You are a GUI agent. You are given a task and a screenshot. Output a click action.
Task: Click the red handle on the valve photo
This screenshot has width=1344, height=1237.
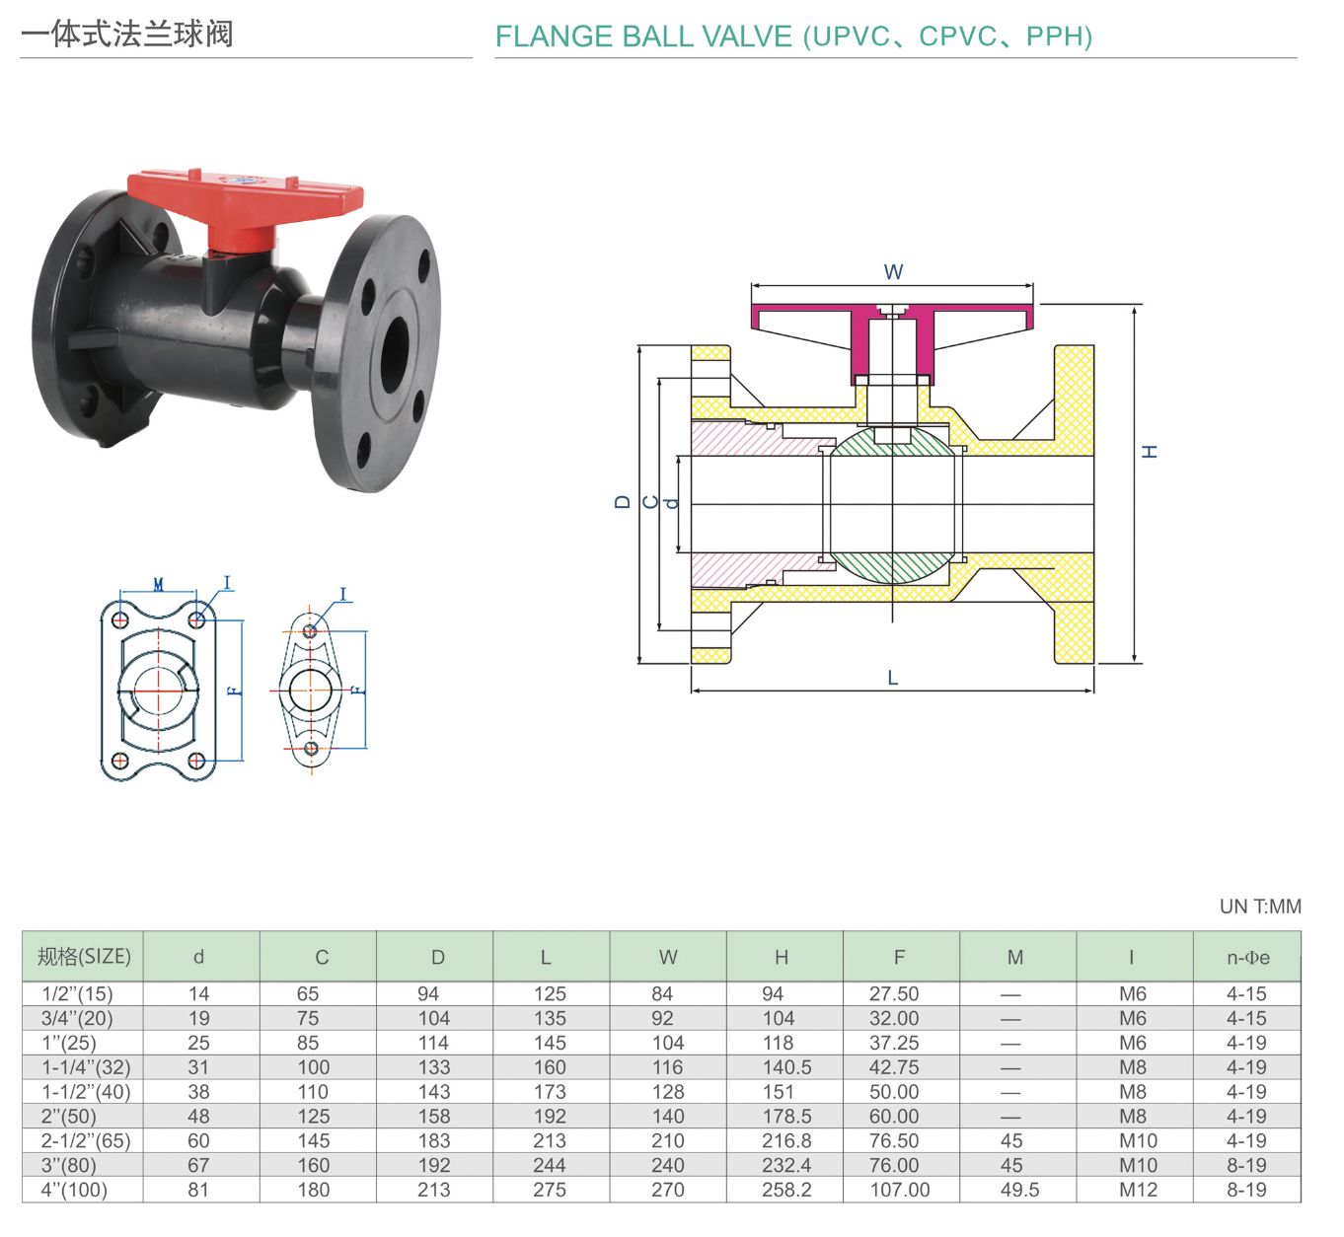[247, 194]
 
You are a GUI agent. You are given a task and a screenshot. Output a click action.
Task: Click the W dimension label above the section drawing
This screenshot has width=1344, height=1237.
[893, 272]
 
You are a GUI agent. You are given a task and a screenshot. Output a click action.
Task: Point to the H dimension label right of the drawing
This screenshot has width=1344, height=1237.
[1150, 452]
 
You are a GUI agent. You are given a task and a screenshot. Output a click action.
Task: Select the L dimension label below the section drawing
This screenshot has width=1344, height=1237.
[893, 678]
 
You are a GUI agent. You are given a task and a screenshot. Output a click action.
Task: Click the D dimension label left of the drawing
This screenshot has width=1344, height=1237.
[622, 502]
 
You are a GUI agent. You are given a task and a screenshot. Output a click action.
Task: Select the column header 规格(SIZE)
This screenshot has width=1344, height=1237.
[84, 956]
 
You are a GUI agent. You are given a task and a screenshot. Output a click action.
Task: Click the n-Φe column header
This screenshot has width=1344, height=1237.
[1247, 957]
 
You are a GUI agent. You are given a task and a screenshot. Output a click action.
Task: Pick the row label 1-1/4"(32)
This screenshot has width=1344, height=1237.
[86, 1067]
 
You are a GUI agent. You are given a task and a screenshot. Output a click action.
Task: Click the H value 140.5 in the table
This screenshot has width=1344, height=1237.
[786, 1067]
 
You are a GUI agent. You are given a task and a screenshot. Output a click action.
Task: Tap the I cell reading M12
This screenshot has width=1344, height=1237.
[1138, 1190]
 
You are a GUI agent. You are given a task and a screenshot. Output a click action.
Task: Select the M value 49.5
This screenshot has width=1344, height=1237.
[1019, 1190]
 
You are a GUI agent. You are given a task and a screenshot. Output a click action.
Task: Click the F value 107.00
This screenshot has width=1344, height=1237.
[899, 1190]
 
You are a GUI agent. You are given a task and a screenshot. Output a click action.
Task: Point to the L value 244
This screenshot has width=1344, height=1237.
[550, 1165]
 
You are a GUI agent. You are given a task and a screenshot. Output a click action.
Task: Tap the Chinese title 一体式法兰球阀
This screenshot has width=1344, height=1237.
[127, 35]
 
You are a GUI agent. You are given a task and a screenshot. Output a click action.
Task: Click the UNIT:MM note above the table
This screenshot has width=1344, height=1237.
[1260, 907]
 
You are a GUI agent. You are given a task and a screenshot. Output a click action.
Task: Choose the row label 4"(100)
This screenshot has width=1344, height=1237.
[74, 1190]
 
